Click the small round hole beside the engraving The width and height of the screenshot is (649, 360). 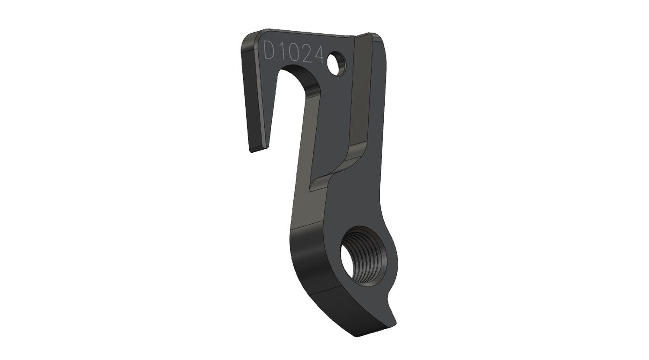click(x=336, y=64)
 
